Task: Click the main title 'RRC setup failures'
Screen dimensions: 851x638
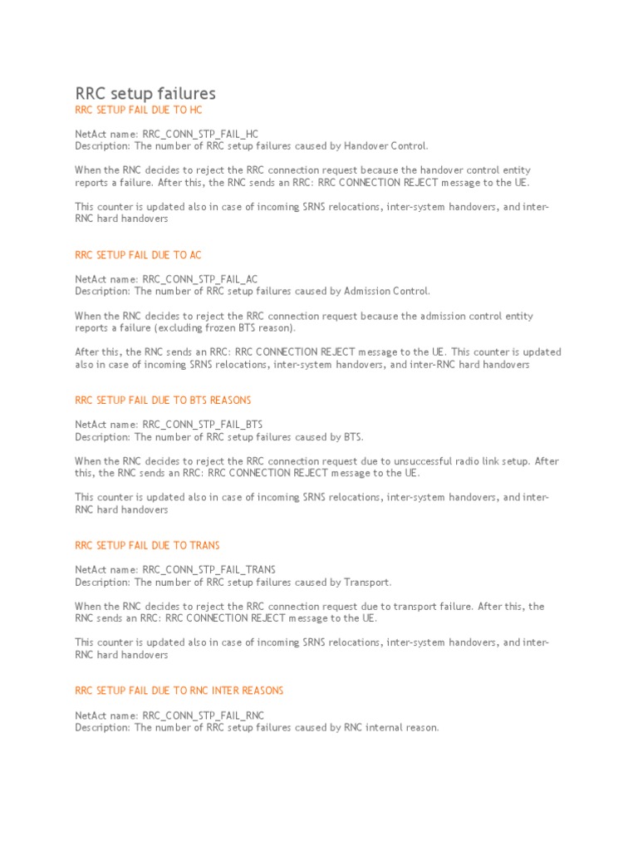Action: tap(145, 93)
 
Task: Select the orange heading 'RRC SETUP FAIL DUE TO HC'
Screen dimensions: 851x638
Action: tap(138, 110)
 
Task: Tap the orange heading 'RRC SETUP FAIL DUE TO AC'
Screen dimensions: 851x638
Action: tap(138, 255)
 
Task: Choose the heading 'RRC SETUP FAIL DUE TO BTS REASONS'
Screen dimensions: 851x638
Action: tap(163, 401)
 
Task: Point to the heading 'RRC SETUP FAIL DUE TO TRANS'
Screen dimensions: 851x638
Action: tap(147, 545)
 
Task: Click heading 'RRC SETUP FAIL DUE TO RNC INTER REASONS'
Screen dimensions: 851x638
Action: tap(179, 691)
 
